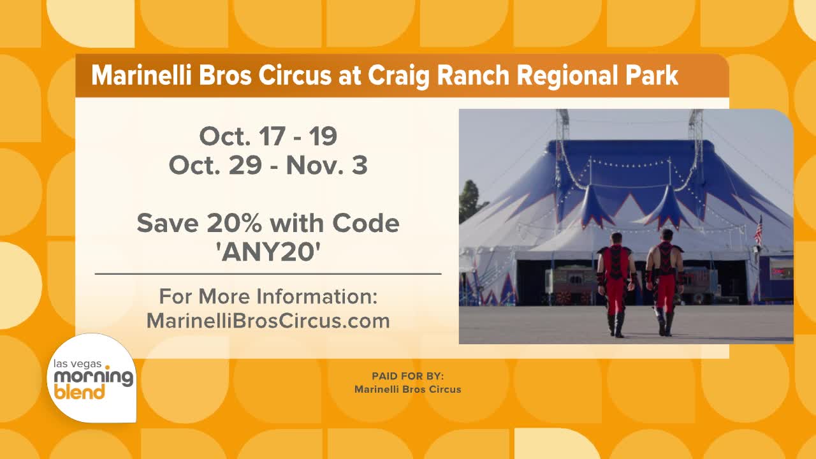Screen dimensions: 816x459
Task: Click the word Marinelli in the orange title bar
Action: [142, 75]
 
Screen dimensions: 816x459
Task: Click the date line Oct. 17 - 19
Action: [268, 136]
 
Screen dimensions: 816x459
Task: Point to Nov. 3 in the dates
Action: [327, 165]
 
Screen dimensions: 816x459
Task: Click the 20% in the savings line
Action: [234, 223]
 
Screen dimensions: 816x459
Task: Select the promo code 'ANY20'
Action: [268, 252]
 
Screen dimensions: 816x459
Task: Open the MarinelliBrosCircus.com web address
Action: [268, 321]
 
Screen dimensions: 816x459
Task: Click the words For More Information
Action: [268, 296]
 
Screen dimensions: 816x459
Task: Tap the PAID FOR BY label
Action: [407, 376]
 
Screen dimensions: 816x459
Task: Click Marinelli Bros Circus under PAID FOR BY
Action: [407, 390]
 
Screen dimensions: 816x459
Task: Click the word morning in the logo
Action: [94, 377]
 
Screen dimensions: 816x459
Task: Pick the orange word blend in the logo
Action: [79, 391]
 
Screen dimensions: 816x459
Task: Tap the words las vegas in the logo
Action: [77, 363]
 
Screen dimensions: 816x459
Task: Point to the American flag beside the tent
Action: [759, 231]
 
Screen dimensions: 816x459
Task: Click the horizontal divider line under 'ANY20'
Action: [268, 273]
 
